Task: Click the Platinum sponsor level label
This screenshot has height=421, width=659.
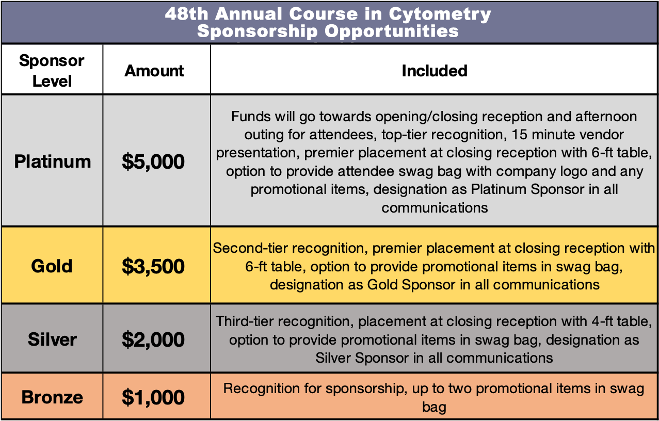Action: [53, 161]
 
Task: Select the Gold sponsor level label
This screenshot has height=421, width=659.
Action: [52, 266]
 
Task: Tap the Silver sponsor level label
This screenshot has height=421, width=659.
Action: [52, 339]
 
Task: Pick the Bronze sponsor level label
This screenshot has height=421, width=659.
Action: [52, 397]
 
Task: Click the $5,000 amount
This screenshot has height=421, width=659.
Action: [153, 161]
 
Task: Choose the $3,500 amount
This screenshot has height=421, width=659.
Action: [153, 266]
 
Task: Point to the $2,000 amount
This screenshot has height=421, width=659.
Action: [153, 339]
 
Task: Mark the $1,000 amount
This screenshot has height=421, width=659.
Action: [153, 397]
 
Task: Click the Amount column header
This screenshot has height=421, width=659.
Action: [154, 71]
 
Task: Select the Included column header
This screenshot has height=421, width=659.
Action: [435, 71]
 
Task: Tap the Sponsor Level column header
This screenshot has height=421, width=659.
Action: [52, 71]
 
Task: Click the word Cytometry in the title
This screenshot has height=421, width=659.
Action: [440, 14]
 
